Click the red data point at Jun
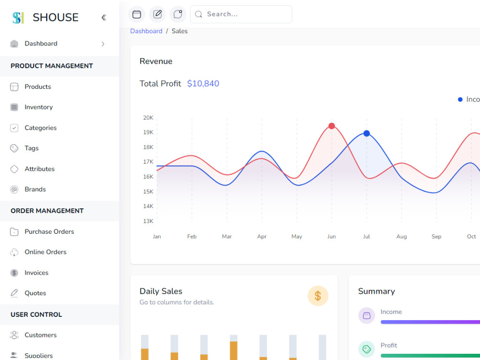(332, 126)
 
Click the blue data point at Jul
(366, 133)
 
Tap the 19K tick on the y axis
(148, 132)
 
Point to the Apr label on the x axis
(262, 236)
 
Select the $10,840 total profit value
(203, 84)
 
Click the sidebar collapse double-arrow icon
(104, 17)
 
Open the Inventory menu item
(38, 107)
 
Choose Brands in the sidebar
(35, 189)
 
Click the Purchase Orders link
(49, 231)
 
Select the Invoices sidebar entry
(36, 273)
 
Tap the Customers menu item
(40, 335)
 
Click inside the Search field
(241, 14)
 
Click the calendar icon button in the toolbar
(136, 14)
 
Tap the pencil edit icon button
(157, 14)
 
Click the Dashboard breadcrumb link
(146, 31)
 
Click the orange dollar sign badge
(318, 296)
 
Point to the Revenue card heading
(156, 61)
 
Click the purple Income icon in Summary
(366, 315)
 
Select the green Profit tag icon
(366, 349)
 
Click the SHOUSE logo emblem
(18, 18)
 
